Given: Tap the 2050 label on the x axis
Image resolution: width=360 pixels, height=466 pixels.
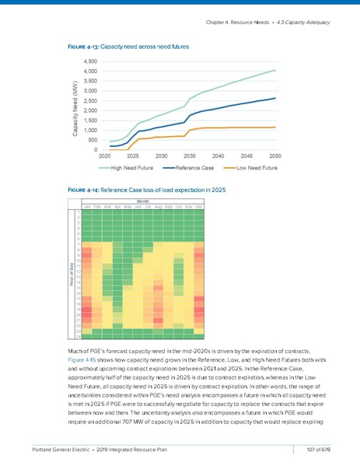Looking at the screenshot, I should coord(274,156).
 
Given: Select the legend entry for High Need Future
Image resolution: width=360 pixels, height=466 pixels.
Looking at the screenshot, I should coord(129,166).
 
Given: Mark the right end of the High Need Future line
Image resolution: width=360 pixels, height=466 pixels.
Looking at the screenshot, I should coord(275,70).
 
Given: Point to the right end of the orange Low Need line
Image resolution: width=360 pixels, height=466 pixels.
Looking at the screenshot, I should coord(275,127).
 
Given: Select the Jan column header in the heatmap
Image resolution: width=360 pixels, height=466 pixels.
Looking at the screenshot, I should coord(86,206).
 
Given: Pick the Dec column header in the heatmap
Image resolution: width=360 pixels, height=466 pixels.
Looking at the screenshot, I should coord(198,206).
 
